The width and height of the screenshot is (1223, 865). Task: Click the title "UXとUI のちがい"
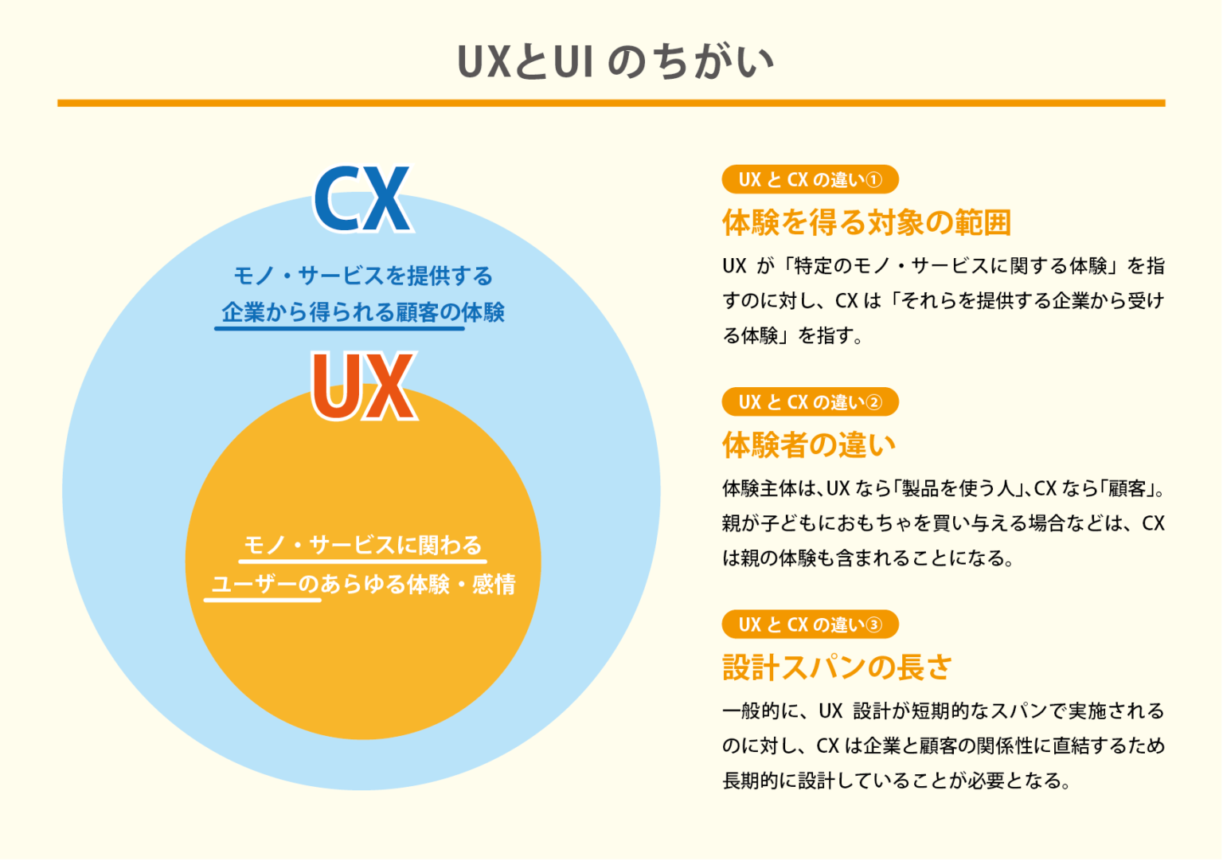[x=615, y=62]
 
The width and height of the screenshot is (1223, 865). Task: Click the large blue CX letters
[x=362, y=199]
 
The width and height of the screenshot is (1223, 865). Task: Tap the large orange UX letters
[x=363, y=387]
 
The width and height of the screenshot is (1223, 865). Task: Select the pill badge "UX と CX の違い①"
[x=810, y=180]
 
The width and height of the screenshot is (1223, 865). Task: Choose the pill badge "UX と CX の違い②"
[x=810, y=402]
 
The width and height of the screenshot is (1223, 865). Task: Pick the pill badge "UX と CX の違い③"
[x=810, y=624]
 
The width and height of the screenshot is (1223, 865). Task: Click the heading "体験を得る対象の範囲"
[x=866, y=223]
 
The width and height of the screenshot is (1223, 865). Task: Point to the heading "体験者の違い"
[x=809, y=445]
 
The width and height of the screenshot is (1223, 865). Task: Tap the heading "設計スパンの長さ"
[x=837, y=667]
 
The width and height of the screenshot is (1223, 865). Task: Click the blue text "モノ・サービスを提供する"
[x=363, y=276]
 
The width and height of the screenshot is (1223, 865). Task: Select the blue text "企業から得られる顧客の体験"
[x=363, y=312]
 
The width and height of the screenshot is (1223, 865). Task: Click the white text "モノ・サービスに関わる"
[x=363, y=545]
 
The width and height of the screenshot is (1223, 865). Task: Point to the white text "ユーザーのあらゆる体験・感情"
[x=363, y=584]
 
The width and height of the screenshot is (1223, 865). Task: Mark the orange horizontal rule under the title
[x=611, y=103]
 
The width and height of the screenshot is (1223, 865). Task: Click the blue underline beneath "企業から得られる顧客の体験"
[x=339, y=327]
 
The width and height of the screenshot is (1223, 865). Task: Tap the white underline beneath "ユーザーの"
[x=263, y=599]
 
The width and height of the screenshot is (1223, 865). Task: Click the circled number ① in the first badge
[x=873, y=180]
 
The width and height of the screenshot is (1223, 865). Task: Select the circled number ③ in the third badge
[x=873, y=624]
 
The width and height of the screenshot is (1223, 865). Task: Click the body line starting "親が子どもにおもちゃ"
[x=943, y=523]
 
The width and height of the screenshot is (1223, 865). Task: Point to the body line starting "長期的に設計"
[x=896, y=781]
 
